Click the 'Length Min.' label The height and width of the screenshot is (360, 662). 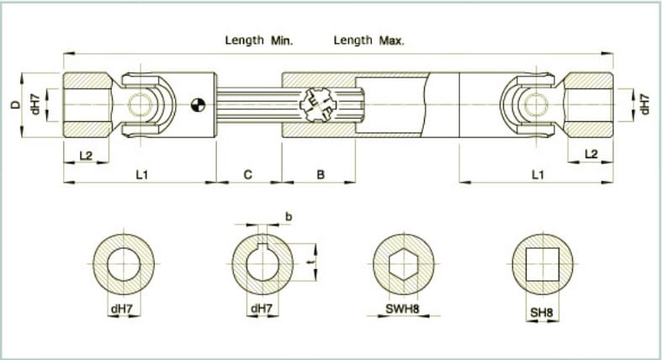[x=258, y=40]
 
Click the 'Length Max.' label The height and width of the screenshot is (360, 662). [x=368, y=40]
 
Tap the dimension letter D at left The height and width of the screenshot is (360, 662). [x=13, y=104]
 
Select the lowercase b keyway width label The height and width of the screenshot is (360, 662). [x=289, y=216]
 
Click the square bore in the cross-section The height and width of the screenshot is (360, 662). [x=542, y=264]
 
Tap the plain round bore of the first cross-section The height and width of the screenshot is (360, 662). [x=124, y=264]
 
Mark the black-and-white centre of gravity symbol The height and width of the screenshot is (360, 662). [x=197, y=104]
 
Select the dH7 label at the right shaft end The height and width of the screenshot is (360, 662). [x=645, y=104]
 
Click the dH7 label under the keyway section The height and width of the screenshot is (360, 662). [x=262, y=310]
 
